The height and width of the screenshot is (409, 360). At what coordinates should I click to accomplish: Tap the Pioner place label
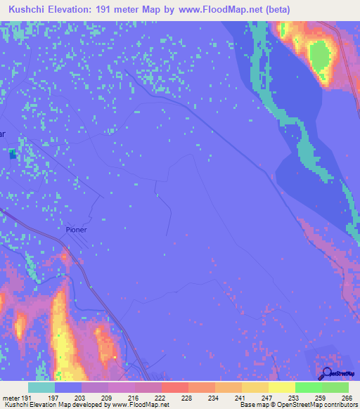(76, 229)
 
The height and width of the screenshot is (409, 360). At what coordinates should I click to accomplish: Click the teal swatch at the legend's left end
(41, 387)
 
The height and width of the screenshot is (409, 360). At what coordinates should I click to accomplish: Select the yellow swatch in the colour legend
(281, 387)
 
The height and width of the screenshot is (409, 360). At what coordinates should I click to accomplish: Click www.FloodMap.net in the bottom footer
(139, 405)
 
